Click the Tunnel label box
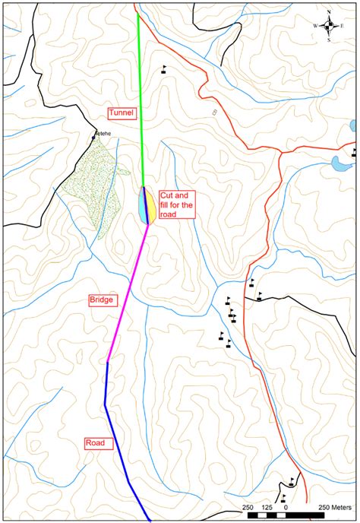point(122,113)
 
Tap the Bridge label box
point(102,300)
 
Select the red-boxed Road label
point(94,442)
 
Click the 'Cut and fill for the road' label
point(177,204)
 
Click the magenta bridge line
point(129,289)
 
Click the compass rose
point(329,25)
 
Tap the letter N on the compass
point(329,12)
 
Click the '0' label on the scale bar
point(286,507)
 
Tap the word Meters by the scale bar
point(339,507)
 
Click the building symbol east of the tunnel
point(163,69)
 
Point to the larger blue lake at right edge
point(340,162)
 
